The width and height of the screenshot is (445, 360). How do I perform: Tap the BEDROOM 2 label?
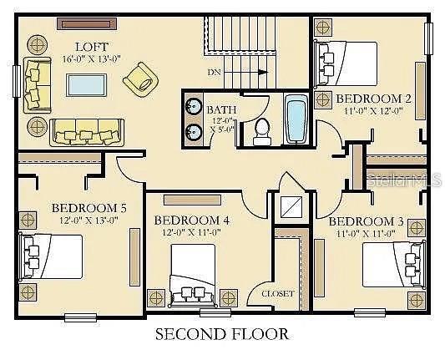pyautogui.click(x=374, y=99)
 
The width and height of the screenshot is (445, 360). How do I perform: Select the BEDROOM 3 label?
pyautogui.click(x=366, y=221)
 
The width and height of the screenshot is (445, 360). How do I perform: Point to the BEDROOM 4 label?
pyautogui.click(x=191, y=220)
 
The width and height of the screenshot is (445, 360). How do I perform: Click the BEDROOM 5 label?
pyautogui.click(x=89, y=208)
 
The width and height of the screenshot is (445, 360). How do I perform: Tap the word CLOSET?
pyautogui.click(x=278, y=293)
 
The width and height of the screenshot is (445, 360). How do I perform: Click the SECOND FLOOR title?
pyautogui.click(x=222, y=335)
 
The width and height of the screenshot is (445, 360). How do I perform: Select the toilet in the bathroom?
pyautogui.click(x=261, y=129)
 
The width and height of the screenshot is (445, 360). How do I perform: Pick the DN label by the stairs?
pyautogui.click(x=214, y=73)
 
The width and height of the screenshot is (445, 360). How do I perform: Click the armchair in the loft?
pyautogui.click(x=140, y=79)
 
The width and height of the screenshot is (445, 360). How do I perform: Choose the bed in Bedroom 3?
pyautogui.click(x=389, y=262)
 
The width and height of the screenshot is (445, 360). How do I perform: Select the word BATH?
pyautogui.click(x=220, y=109)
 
